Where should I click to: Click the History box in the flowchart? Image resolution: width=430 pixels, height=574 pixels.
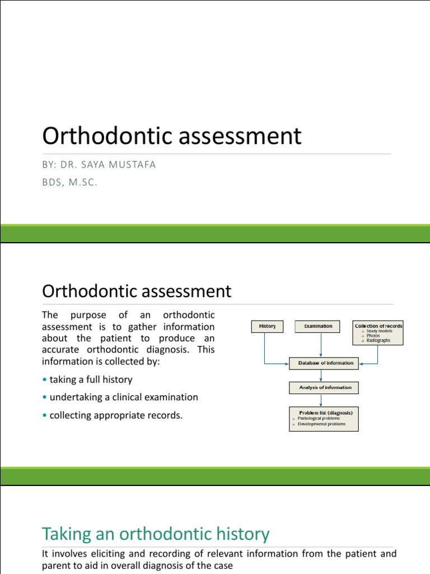pyautogui.click(x=267, y=326)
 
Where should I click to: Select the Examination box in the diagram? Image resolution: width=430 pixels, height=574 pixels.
pyautogui.click(x=318, y=326)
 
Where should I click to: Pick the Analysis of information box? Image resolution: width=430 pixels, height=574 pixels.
pyautogui.click(x=324, y=387)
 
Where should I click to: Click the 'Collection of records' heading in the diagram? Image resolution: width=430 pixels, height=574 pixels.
pyautogui.click(x=378, y=326)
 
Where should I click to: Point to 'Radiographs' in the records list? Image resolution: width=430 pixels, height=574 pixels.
pyautogui.click(x=378, y=340)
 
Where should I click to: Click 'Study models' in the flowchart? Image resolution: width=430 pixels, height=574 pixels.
pyautogui.click(x=380, y=331)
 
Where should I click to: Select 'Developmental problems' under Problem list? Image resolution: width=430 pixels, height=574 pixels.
pyautogui.click(x=321, y=424)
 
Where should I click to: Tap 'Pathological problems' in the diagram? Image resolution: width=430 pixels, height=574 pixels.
pyautogui.click(x=320, y=418)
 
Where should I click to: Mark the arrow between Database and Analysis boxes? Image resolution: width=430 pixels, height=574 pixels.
pyautogui.click(x=321, y=375)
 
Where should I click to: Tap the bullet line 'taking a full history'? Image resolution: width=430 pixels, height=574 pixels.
pyautogui.click(x=91, y=379)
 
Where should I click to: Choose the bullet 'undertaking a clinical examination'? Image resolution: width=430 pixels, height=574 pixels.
pyautogui.click(x=124, y=397)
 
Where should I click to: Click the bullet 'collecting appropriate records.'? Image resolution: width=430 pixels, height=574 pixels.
pyautogui.click(x=116, y=415)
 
